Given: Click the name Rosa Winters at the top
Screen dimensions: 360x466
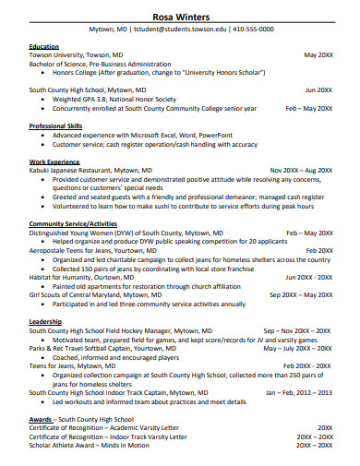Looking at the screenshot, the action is point(180,15).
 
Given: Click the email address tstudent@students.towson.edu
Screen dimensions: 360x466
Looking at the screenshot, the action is point(181,30).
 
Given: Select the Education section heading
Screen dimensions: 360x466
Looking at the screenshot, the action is point(43,46).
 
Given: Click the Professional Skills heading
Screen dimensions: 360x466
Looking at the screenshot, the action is point(55,125).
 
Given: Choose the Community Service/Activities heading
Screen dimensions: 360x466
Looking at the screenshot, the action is point(73,223).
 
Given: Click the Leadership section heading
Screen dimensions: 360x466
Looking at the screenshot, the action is point(46,321).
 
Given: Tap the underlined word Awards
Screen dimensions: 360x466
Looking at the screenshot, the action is point(41,419).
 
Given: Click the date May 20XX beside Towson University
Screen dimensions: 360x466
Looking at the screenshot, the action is point(318,55).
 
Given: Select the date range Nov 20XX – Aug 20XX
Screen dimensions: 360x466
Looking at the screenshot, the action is point(300,171).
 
